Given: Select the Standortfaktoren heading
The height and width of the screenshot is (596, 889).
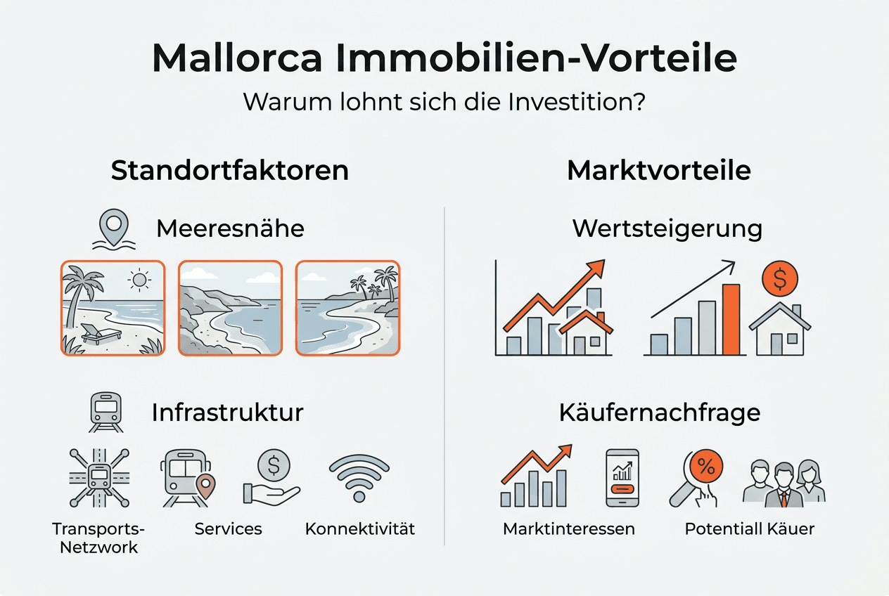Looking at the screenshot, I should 229,171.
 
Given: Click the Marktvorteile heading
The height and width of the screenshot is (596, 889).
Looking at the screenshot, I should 658,171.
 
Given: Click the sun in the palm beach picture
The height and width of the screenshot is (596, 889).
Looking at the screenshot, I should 140,280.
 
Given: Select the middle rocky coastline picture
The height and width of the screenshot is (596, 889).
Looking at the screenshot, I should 230,308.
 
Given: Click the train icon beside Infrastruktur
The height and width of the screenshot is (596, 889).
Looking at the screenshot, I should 106,412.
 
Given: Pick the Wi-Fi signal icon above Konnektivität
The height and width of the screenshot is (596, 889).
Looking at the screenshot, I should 359,478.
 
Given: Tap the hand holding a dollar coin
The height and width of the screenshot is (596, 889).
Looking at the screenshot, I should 272,477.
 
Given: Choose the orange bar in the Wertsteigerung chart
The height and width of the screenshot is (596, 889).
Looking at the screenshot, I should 731,319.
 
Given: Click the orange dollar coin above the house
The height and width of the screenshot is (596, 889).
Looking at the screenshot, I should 779,280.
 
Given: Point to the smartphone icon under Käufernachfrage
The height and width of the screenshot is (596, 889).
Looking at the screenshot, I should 622,478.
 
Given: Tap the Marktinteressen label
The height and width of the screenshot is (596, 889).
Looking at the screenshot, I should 568,529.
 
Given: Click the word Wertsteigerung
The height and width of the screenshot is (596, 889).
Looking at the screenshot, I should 667,229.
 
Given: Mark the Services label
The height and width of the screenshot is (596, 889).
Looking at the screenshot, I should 228,529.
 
